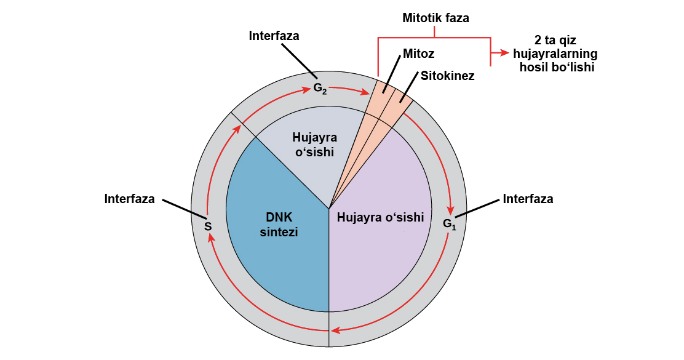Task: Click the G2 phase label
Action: [320, 88]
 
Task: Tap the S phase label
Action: [208, 226]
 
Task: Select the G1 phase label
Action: [450, 223]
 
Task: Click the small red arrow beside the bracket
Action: [505, 53]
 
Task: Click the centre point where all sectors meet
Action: [330, 208]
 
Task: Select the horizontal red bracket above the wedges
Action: [434, 38]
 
